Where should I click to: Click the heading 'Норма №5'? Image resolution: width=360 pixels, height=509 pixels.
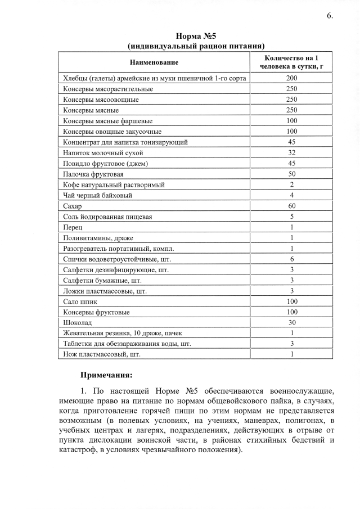196,37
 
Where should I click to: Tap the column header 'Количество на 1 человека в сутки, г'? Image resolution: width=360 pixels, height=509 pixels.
291,62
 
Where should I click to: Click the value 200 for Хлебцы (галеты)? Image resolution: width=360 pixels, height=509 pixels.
291,79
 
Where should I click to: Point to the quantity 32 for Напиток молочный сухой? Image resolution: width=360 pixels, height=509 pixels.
291,152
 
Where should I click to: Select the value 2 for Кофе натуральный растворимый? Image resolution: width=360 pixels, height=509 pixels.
291,184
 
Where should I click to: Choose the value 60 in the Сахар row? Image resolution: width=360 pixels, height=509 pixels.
291,206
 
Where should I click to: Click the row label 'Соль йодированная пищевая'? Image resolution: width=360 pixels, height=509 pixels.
107,217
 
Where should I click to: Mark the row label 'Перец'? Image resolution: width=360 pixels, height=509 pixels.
73,227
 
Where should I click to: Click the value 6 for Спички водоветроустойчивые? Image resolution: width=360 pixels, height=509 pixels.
291,259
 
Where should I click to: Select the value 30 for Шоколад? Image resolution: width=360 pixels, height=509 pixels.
291,322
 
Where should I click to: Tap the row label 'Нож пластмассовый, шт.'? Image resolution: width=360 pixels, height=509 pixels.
101,354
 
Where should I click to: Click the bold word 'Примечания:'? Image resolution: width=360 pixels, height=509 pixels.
106,375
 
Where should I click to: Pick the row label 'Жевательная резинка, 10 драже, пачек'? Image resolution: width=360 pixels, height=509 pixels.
123,333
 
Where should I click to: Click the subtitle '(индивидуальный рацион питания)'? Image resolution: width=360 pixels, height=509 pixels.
196,46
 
